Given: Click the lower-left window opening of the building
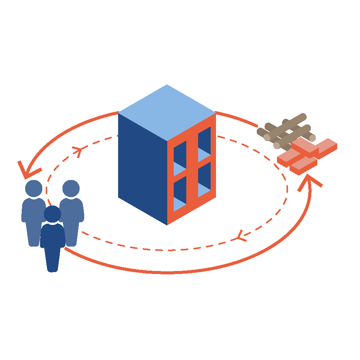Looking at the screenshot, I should click(180, 194).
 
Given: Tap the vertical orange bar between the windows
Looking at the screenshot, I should click(192, 167).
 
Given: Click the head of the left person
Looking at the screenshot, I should click(34, 188).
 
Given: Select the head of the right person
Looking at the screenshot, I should click(71, 188).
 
